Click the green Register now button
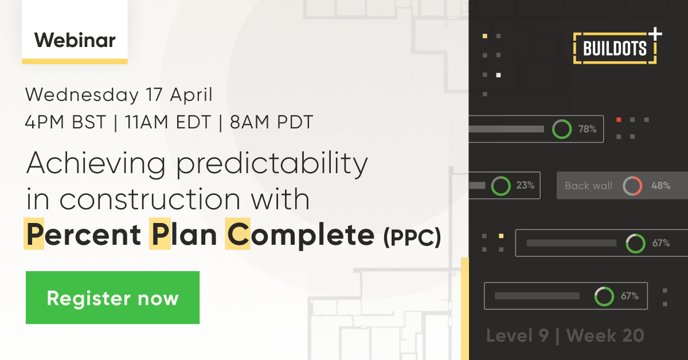112,298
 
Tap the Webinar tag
75,40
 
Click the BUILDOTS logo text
615,48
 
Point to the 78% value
587,130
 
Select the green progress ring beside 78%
562,130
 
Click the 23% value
525,185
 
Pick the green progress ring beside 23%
501,185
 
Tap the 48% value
660,186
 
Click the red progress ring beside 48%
632,186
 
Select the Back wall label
588,186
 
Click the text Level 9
517,335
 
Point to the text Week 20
605,335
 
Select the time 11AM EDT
167,123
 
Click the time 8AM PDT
270,123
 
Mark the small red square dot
619,120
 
